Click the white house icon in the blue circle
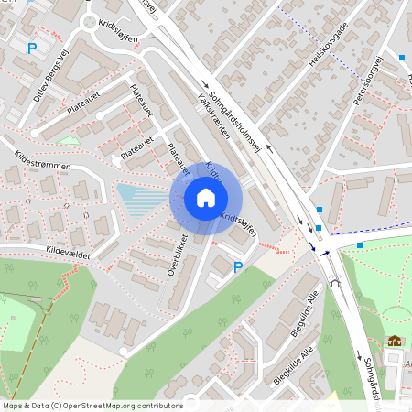pos(206,198)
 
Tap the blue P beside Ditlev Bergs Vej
pos(34,49)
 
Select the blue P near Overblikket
pos(239,267)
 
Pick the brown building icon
pos(395,341)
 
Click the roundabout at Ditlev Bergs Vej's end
pos(90,23)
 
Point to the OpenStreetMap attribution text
pos(92,406)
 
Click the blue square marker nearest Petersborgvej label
pos(402,58)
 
